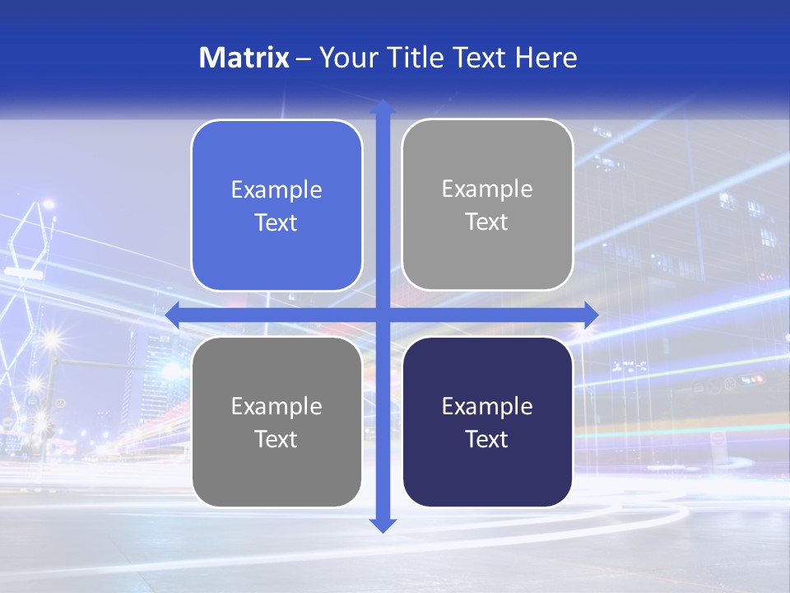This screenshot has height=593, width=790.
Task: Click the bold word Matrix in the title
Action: pyautogui.click(x=244, y=58)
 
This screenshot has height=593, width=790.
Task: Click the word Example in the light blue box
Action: pyautogui.click(x=276, y=190)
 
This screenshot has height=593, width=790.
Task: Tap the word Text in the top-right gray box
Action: pyautogui.click(x=486, y=222)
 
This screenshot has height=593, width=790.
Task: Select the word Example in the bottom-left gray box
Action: pyautogui.click(x=276, y=407)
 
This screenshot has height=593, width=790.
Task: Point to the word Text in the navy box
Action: pyautogui.click(x=486, y=440)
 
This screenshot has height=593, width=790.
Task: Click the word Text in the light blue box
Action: pyautogui.click(x=276, y=223)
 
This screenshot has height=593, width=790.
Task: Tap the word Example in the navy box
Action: pyautogui.click(x=487, y=407)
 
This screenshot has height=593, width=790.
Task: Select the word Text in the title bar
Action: pyautogui.click(x=478, y=58)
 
